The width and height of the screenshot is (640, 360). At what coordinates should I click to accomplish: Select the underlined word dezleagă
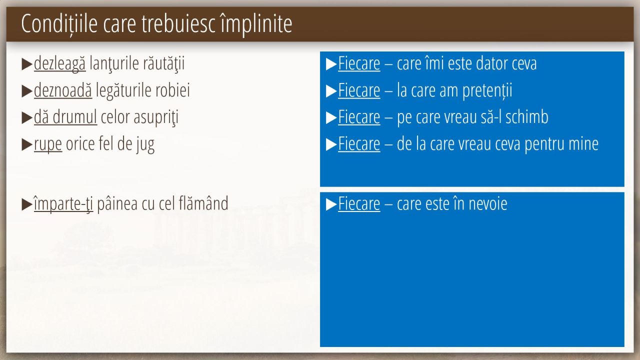pos(59,63)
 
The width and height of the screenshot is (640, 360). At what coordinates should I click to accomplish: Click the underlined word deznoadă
pos(63,90)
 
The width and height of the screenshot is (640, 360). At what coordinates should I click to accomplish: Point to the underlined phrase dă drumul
pos(65,117)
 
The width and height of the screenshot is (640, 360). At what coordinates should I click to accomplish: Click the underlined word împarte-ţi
pos(63,204)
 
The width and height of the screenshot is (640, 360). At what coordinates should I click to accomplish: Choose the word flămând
pos(203,203)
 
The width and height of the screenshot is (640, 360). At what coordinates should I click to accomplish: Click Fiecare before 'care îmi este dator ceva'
pos(359,63)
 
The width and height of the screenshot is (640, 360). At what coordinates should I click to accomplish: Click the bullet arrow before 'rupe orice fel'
pos(27,144)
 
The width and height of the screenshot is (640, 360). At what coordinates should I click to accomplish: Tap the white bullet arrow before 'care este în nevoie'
pos(331,204)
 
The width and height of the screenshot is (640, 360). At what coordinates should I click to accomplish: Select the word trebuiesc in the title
pos(178,24)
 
